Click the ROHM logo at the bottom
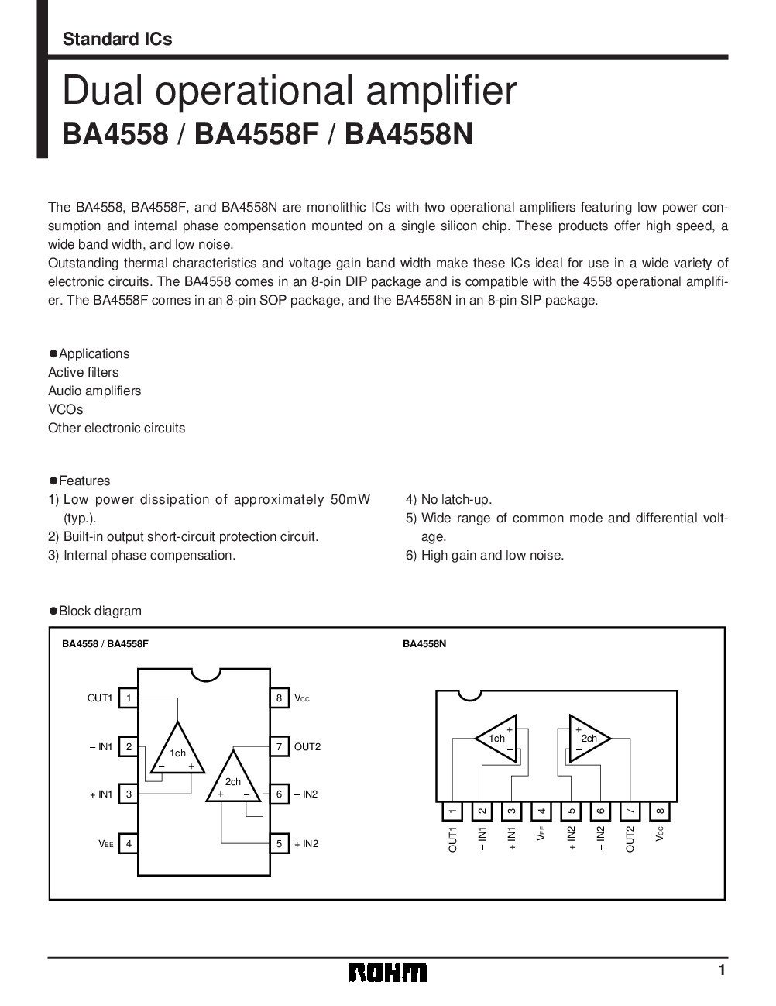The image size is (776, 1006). [386, 973]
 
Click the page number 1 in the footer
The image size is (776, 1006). [721, 970]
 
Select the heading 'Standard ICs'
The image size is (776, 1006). [117, 39]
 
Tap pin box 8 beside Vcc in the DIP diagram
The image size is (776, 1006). [278, 698]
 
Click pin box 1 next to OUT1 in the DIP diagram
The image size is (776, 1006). [129, 698]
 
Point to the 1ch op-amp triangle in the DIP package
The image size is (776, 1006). [178, 750]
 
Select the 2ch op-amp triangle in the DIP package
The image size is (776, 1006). [233, 780]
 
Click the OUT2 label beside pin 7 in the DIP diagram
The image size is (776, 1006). [307, 747]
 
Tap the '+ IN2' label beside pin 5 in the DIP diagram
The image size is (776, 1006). [306, 843]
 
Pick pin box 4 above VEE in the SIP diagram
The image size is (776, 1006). [541, 811]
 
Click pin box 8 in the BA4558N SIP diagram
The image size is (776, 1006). [660, 811]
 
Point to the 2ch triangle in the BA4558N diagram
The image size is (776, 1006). [588, 739]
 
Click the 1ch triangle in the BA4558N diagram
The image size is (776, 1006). [498, 739]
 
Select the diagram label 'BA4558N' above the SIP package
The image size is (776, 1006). [424, 643]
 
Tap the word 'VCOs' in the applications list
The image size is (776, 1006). [65, 409]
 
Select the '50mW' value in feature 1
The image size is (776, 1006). [350, 499]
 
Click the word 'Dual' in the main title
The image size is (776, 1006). [93, 91]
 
